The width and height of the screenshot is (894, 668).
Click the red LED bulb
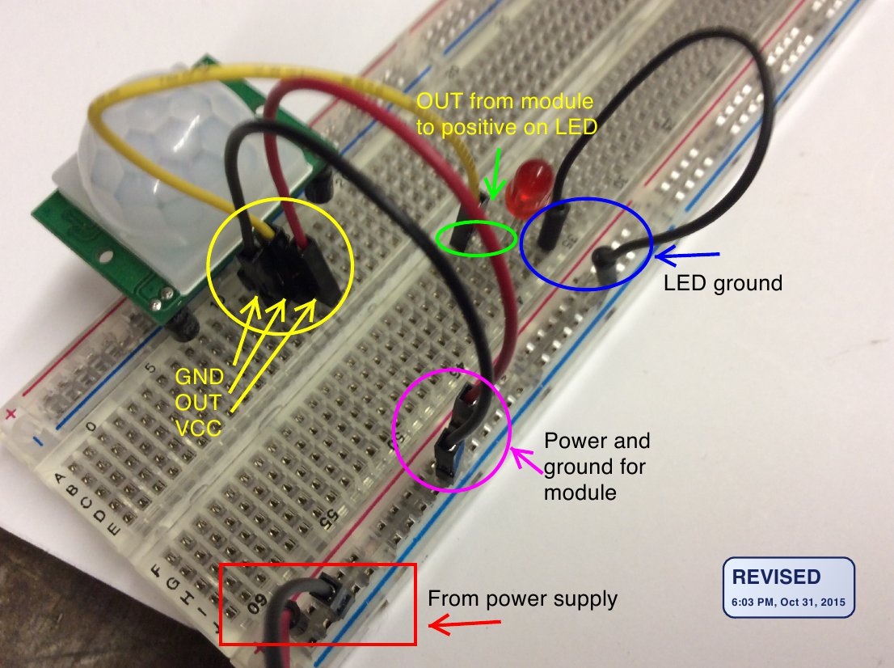(x=527, y=183)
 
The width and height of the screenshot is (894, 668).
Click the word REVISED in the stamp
(x=775, y=577)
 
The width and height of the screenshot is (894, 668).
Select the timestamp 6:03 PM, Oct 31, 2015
(x=787, y=602)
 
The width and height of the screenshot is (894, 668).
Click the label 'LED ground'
(x=723, y=283)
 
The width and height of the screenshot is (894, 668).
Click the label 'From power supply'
(x=522, y=599)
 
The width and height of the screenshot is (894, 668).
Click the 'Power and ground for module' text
(x=597, y=466)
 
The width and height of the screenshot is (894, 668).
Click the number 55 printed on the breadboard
(x=328, y=518)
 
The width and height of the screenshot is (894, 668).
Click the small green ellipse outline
(x=476, y=238)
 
